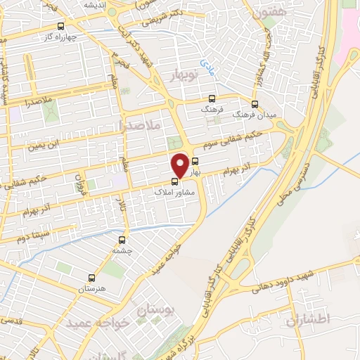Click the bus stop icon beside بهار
[x=195, y=160]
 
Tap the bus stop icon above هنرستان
[x=91, y=277]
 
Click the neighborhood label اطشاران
[x=308, y=321]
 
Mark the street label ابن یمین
[x=42, y=146]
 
